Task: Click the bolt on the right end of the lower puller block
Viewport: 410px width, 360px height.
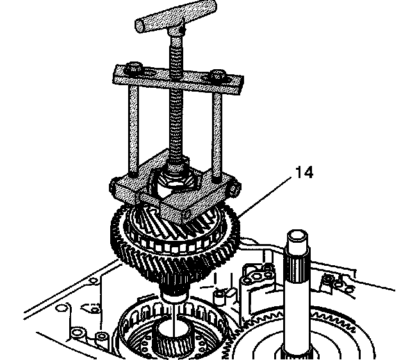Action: click(x=234, y=190)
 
